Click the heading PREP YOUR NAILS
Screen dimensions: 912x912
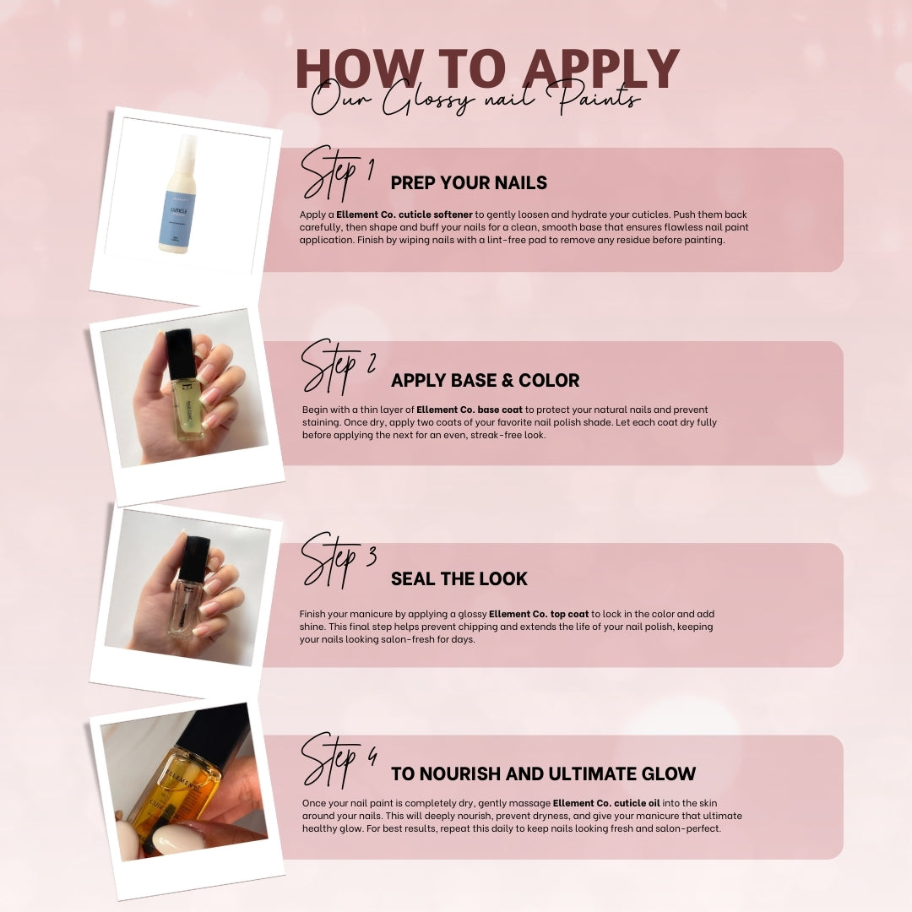[469, 182]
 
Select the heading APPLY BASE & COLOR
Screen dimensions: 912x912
[485, 380]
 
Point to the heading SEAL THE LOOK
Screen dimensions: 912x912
[459, 578]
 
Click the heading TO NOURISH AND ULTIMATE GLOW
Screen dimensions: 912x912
[543, 774]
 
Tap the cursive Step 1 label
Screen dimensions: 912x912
[337, 173]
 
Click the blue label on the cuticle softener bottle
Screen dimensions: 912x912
[177, 218]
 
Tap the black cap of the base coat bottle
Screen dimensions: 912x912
[181, 354]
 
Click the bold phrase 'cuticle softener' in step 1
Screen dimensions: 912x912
[432, 214]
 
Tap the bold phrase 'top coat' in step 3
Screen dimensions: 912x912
[569, 614]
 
